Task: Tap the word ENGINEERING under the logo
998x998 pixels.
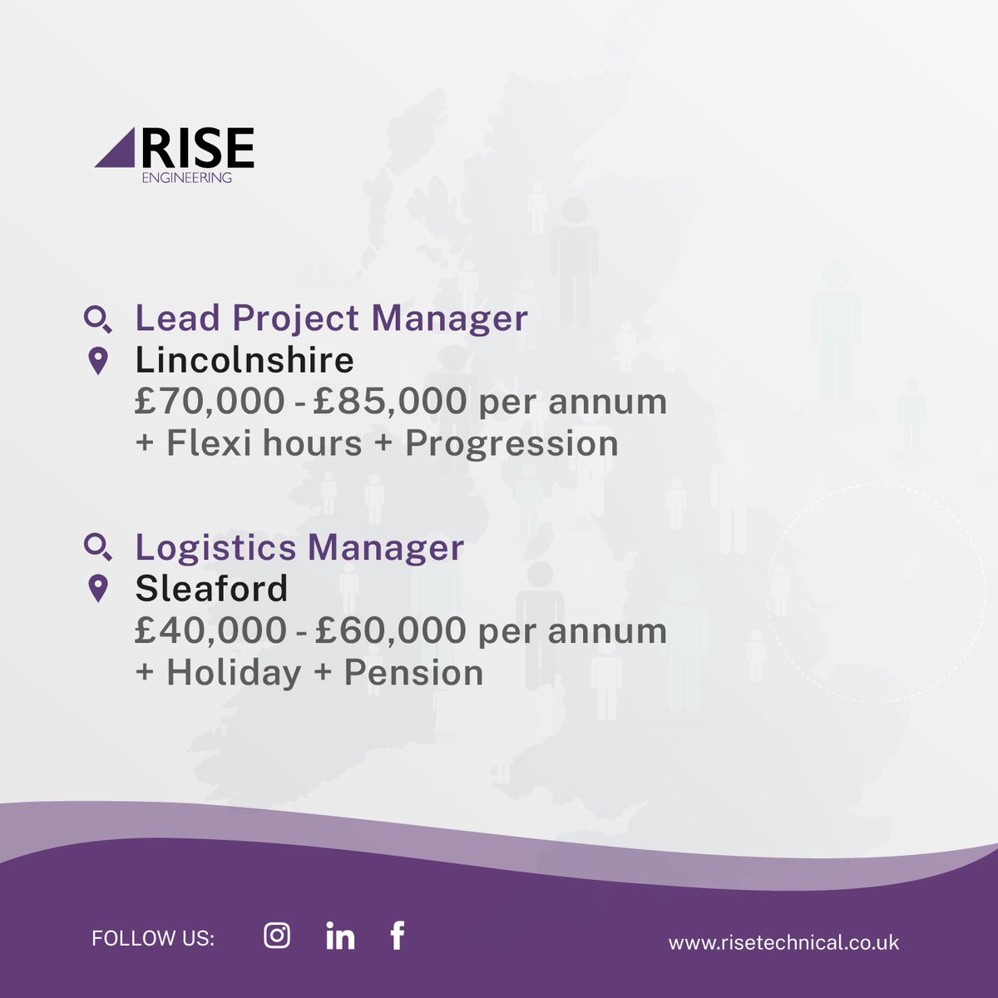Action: point(188,177)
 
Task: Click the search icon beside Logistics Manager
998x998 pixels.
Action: point(98,547)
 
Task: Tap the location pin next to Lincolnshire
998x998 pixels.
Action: point(98,362)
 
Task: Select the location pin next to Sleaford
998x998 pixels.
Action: point(98,589)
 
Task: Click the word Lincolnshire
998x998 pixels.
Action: point(245,361)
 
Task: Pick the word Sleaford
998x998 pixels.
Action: point(211,589)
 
